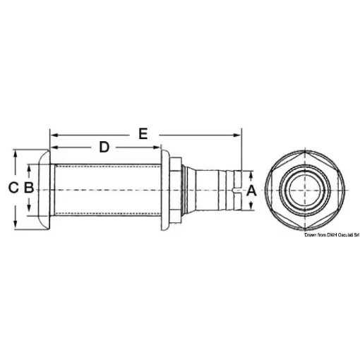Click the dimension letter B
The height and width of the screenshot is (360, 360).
tap(28, 188)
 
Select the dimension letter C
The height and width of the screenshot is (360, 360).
tap(12, 188)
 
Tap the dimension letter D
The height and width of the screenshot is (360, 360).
tap(104, 147)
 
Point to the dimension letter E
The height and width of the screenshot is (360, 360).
tap(143, 132)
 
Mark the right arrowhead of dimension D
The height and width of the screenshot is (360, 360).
tap(159, 147)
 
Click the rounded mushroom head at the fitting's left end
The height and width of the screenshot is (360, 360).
tap(43, 188)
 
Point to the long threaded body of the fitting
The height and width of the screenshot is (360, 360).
tap(106, 188)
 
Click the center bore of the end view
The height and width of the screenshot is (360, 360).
tap(305, 188)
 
